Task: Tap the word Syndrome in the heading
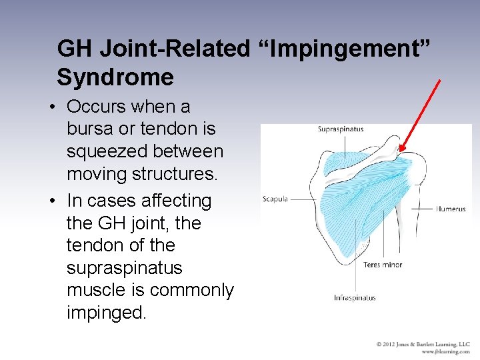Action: [x=115, y=77]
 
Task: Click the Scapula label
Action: [x=275, y=199]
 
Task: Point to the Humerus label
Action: [x=451, y=209]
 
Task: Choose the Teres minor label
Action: [x=383, y=265]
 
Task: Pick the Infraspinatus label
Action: [x=355, y=298]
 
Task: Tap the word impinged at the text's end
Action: [x=106, y=313]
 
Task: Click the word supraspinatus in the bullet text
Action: [x=124, y=268]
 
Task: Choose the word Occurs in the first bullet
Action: [x=96, y=107]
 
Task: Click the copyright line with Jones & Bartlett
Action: [x=423, y=344]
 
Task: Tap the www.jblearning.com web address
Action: [x=445, y=351]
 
